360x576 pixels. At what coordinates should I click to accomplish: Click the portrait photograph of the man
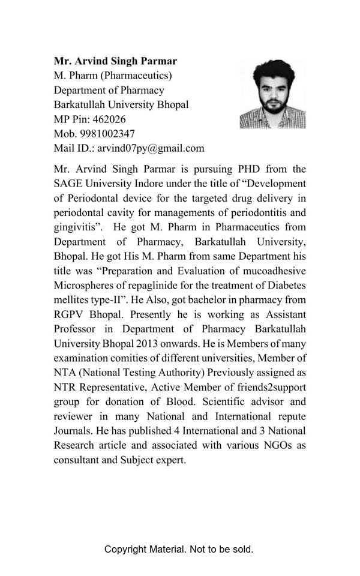tap(272, 94)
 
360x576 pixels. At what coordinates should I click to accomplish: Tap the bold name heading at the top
tap(116, 61)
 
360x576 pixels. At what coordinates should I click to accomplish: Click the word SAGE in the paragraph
tap(68, 184)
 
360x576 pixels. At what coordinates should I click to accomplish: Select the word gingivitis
tap(76, 227)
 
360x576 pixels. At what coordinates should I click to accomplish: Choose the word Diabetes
tap(287, 284)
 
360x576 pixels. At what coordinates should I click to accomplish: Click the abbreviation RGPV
tap(69, 314)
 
